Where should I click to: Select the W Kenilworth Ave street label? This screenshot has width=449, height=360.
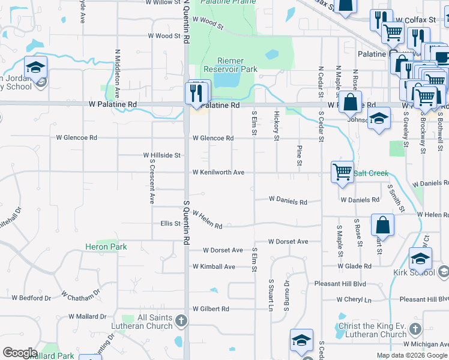pos(218,173)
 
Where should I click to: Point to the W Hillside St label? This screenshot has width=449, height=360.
pos(161,155)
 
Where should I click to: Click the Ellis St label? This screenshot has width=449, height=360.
pos(170,224)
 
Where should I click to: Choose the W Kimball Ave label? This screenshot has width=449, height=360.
pos(213,266)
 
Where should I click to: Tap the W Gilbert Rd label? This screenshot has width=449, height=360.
pos(211,309)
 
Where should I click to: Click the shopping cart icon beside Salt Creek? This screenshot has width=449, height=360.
pos(342,172)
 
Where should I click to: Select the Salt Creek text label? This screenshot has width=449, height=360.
pos(370,173)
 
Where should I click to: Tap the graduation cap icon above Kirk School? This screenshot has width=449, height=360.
pos(421,259)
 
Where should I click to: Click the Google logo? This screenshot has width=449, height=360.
pos(20,353)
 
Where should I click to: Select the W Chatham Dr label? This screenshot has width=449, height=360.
pos(80,295)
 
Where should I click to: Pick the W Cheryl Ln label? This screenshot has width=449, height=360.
pos(354,299)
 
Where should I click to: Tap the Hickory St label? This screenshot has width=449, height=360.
pos(277,125)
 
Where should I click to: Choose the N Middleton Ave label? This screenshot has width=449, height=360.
pos(118,65)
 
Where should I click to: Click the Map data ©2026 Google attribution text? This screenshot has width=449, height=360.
pos(412,355)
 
